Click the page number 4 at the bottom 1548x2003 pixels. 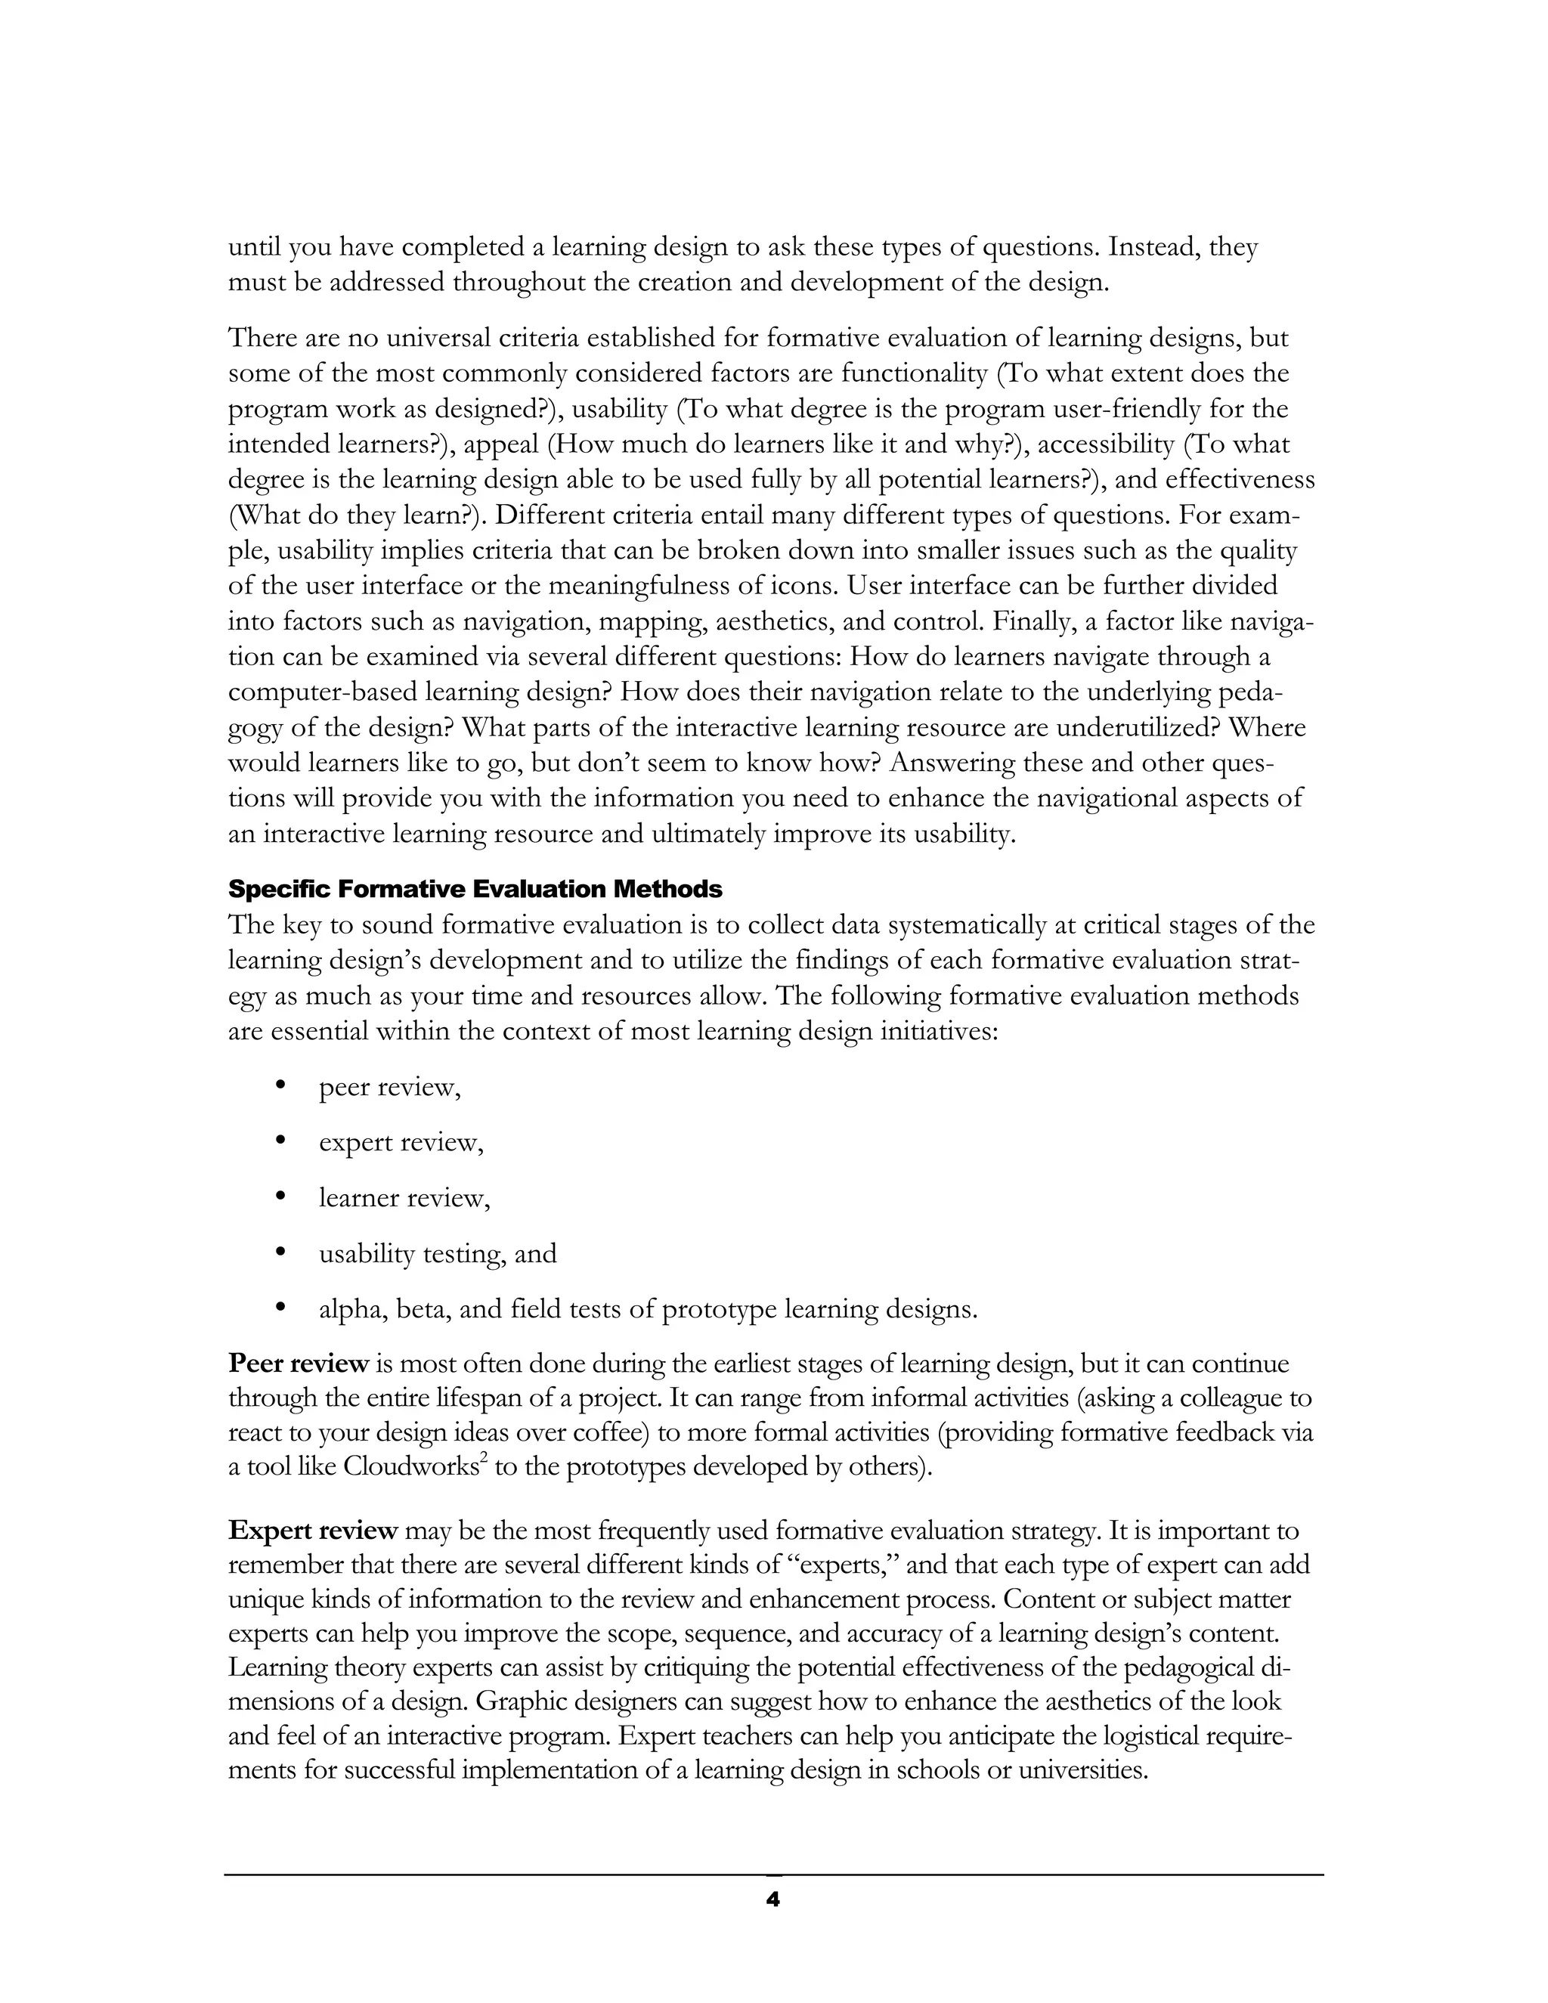point(772,1900)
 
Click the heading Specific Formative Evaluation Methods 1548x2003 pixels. point(475,889)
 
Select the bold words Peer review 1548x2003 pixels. point(298,1364)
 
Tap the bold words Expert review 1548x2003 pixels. point(313,1531)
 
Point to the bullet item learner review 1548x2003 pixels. point(404,1198)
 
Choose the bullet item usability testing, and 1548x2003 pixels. point(438,1254)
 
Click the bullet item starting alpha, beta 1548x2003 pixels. point(648,1308)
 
